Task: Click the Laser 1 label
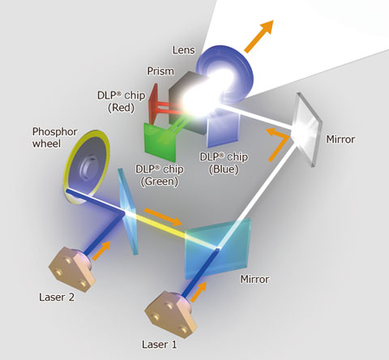[160, 345]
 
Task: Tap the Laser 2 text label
[57, 297]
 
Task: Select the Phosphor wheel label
[55, 138]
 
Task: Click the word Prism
[160, 71]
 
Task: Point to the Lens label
[184, 50]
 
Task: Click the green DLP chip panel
[160, 142]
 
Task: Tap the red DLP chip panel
[153, 104]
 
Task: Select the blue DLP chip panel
[224, 126]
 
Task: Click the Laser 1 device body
[170, 314]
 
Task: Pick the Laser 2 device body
[71, 269]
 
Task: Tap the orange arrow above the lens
[259, 36]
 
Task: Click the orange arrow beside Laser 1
[199, 292]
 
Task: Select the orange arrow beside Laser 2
[101, 251]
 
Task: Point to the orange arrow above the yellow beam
[163, 216]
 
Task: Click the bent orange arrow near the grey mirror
[278, 144]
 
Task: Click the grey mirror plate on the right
[308, 129]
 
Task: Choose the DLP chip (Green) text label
[160, 175]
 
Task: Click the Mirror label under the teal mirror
[254, 279]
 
